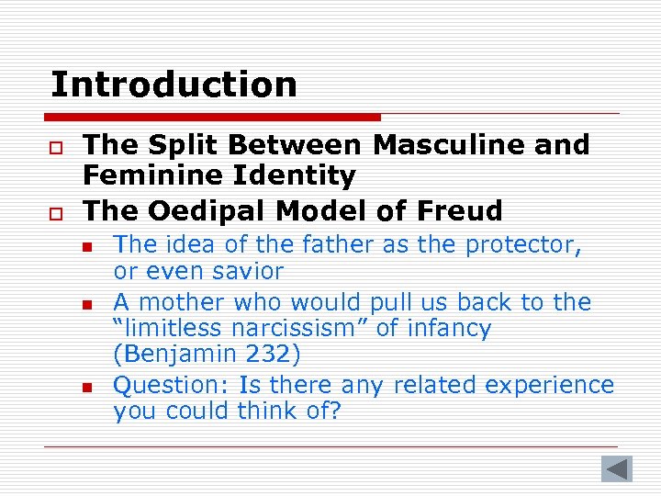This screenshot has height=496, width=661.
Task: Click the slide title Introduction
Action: point(174,85)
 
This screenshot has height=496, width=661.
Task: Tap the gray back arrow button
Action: point(617,468)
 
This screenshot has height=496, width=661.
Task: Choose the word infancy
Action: point(453,328)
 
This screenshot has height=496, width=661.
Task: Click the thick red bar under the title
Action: point(212,118)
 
